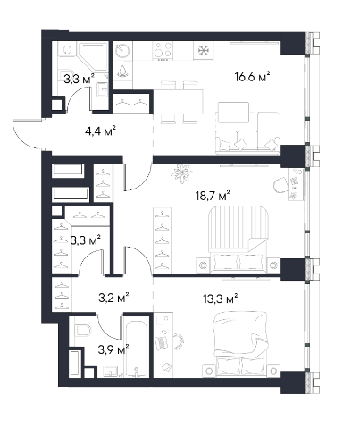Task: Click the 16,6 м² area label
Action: (252, 77)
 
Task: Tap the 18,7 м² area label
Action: (213, 197)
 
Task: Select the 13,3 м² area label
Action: (221, 299)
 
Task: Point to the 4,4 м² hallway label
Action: (100, 131)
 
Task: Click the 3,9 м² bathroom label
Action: (113, 349)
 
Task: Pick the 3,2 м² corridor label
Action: (113, 298)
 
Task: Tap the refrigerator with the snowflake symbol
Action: (204, 50)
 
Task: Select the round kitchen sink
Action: (123, 51)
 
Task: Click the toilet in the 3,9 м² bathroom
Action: (83, 330)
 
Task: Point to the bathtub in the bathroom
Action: (137, 349)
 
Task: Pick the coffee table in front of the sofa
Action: (233, 113)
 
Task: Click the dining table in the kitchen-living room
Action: (178, 102)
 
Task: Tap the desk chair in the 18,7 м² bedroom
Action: (280, 185)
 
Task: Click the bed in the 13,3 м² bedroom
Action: (241, 344)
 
